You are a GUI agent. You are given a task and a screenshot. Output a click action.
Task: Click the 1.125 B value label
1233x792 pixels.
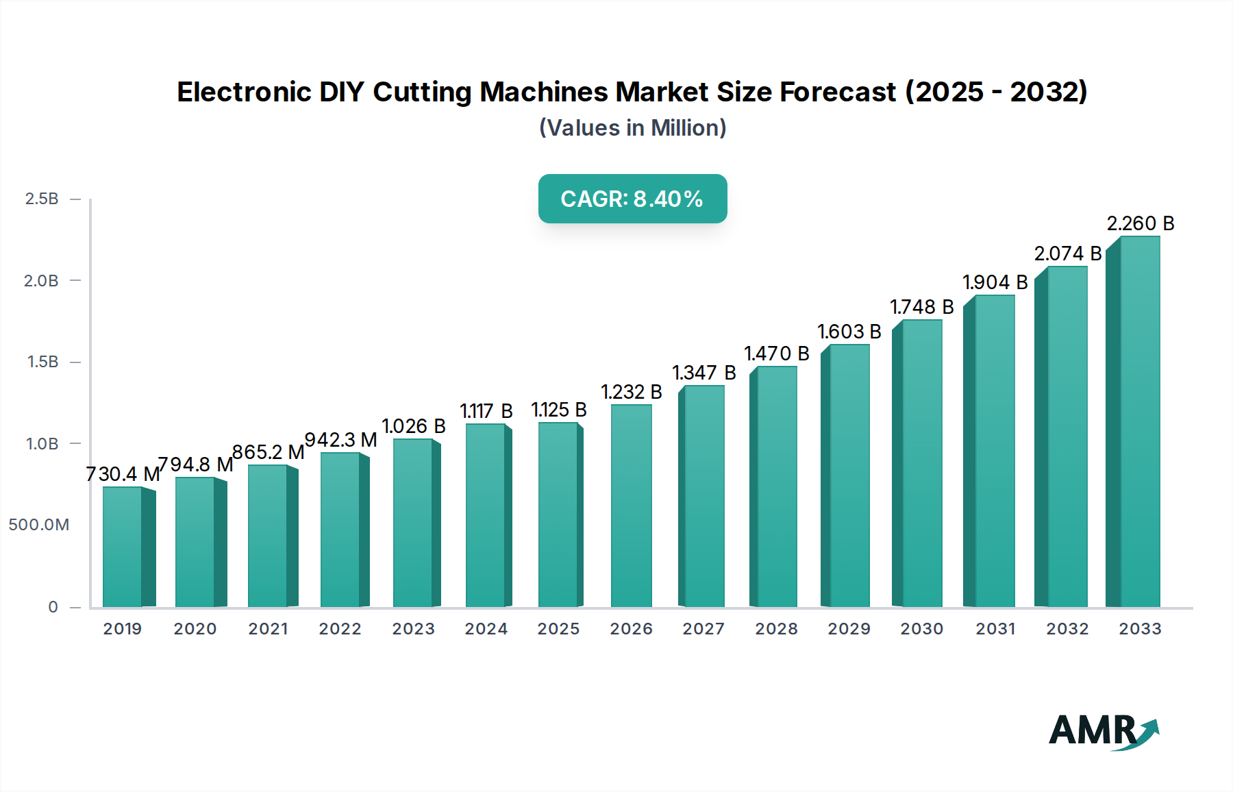tap(559, 410)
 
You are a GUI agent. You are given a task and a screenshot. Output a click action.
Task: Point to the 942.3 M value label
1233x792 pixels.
tap(340, 440)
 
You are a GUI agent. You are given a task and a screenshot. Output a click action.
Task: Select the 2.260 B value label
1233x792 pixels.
tap(1141, 223)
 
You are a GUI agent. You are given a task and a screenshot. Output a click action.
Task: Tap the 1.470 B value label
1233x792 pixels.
tap(777, 354)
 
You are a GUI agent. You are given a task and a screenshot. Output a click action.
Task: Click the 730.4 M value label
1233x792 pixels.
tap(123, 474)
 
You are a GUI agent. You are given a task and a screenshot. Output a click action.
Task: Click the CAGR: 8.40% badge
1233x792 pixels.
tap(632, 199)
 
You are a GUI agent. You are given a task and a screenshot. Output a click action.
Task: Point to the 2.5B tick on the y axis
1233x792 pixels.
tap(41, 199)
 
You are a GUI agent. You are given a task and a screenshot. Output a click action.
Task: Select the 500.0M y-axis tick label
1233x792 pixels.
tap(39, 525)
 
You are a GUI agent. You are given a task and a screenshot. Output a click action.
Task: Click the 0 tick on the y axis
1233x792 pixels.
tap(53, 607)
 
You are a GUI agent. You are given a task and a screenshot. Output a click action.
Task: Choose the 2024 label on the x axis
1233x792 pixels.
tap(486, 629)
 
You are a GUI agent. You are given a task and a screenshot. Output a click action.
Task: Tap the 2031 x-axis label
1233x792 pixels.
tap(995, 629)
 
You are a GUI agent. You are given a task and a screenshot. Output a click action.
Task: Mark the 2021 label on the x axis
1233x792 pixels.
tap(268, 629)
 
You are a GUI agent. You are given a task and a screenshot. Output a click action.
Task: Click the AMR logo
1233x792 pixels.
tap(1104, 731)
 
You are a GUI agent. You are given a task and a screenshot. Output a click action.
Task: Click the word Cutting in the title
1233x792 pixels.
tap(421, 92)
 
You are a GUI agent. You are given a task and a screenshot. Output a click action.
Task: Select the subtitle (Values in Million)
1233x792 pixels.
tap(632, 128)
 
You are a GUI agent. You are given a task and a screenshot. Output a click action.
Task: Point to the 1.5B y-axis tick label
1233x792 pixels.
tap(42, 362)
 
